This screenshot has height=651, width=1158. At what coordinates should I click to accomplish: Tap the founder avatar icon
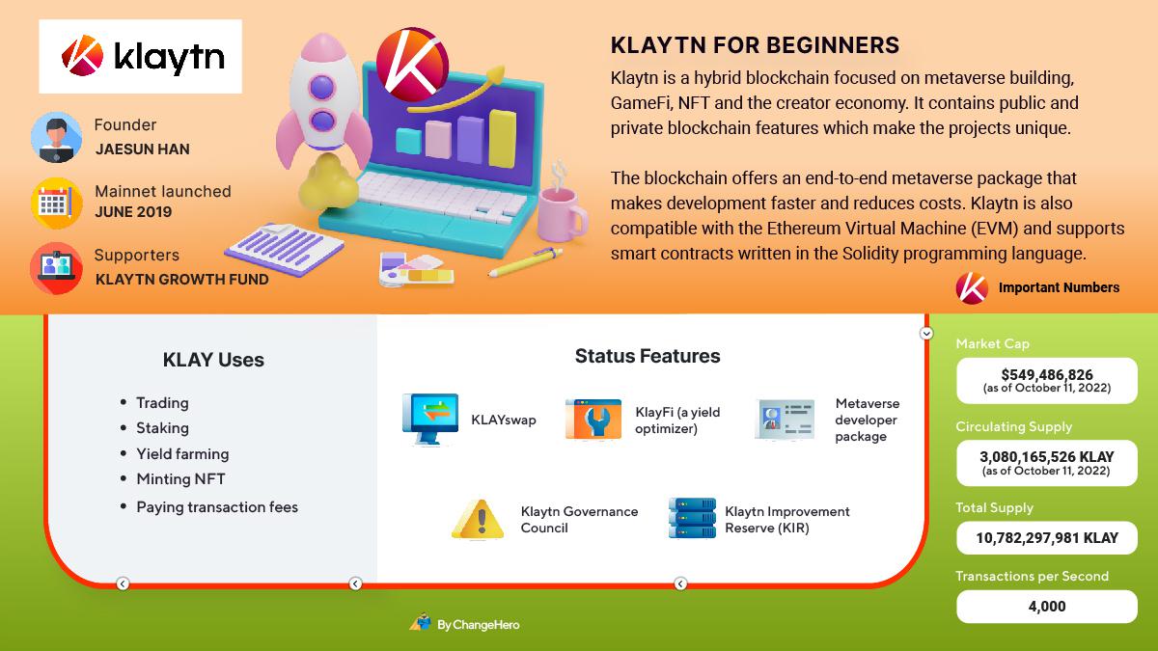coord(56,137)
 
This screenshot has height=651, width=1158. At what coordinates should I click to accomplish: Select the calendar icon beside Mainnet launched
coord(56,203)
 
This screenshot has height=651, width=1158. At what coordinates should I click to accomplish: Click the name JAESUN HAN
coord(143,149)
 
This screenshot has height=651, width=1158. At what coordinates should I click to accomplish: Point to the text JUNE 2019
coord(133,212)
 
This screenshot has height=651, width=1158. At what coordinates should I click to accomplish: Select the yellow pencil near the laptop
coord(525,261)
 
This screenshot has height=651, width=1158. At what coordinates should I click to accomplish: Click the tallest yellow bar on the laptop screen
coord(503,139)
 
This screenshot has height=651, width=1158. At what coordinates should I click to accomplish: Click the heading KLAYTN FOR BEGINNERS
coord(755,45)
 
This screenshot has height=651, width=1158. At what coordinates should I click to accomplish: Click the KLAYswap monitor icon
coord(430,419)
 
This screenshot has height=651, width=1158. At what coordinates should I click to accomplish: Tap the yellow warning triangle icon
coord(478,519)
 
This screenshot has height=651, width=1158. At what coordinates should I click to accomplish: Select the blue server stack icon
coord(692,518)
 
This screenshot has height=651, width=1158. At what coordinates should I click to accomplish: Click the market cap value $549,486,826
coord(1047,374)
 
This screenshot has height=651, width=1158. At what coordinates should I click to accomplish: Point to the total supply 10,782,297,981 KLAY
coord(1047,538)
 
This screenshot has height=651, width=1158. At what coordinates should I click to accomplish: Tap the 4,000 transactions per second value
coord(1047,606)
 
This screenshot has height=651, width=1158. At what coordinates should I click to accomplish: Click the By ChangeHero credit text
coord(479,625)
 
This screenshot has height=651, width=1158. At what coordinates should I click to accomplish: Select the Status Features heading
coord(648,356)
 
